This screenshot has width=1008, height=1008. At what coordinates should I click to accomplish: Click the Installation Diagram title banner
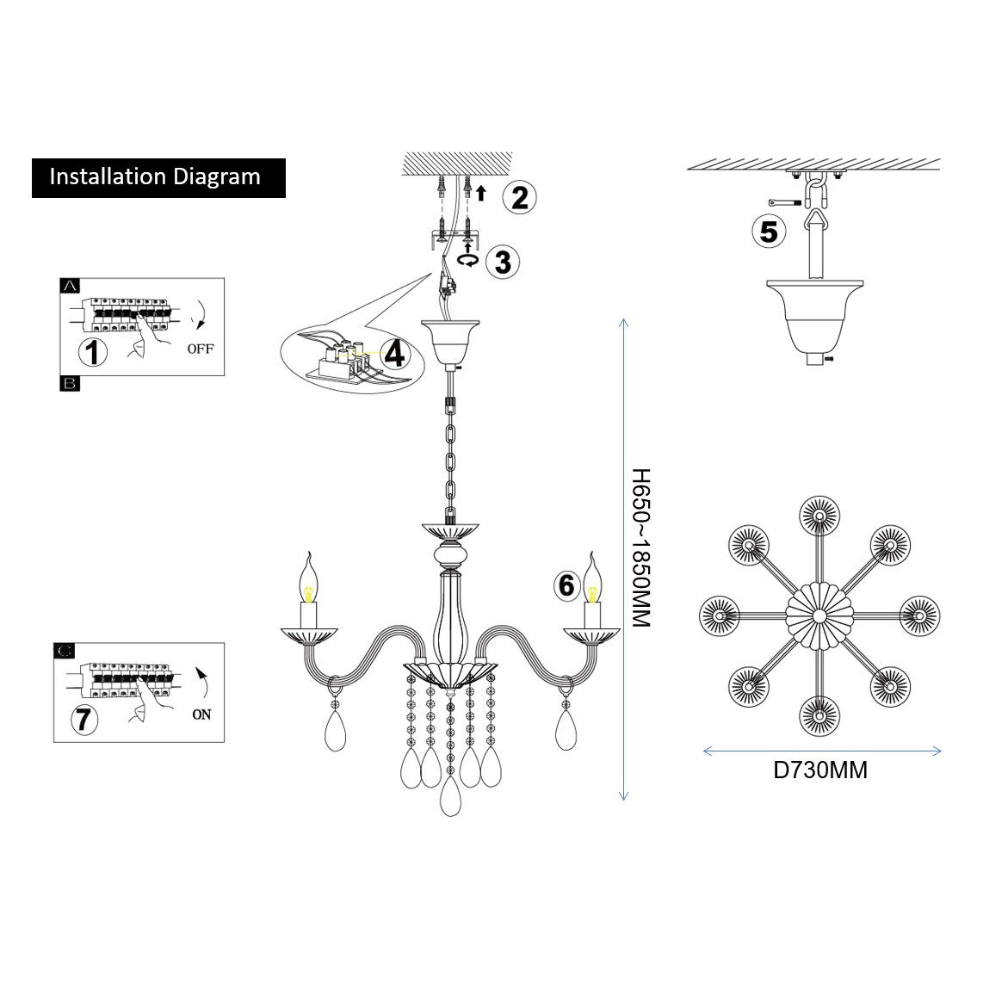coord(158,177)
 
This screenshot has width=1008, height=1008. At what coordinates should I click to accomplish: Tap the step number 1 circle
coord(92,352)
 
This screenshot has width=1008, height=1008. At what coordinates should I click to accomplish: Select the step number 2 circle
coord(519,197)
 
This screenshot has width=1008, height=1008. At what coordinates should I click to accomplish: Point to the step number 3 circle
coord(503,261)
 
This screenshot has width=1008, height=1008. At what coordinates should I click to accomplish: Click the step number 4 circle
coord(394,353)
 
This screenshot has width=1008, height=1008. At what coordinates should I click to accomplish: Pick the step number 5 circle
coord(769,231)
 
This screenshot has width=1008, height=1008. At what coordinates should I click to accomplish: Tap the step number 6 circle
coord(566,585)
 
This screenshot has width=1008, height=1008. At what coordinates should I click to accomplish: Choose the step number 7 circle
coord(83,717)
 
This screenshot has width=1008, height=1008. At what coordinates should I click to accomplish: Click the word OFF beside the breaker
coord(201,349)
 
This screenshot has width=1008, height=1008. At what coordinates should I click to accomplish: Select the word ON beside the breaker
coord(201,714)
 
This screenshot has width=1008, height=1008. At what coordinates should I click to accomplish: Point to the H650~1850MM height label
coord(641,547)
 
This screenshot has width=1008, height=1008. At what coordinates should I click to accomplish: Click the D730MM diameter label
coord(820,770)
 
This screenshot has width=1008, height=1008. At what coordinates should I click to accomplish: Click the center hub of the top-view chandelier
coord(819,615)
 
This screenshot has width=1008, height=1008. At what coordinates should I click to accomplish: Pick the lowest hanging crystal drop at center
coord(450,798)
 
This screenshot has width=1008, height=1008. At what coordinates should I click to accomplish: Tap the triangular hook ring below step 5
coord(814,225)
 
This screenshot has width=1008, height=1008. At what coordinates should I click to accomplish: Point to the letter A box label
coord(70,284)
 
